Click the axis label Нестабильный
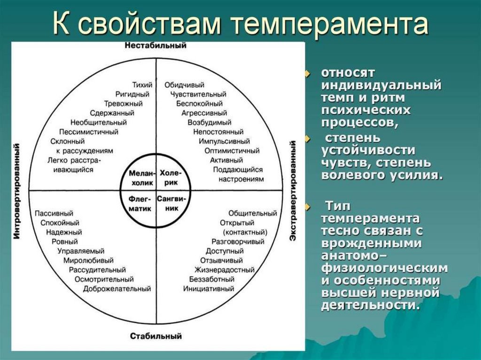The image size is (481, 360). point(155,46)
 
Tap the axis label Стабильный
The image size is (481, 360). point(155,336)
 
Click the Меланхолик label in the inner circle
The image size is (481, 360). point(139,177)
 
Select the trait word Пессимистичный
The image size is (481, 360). point(89,132)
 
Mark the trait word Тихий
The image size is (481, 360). point(142,85)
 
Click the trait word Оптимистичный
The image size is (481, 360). point(232,151)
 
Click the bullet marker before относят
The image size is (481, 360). point(308,74)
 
